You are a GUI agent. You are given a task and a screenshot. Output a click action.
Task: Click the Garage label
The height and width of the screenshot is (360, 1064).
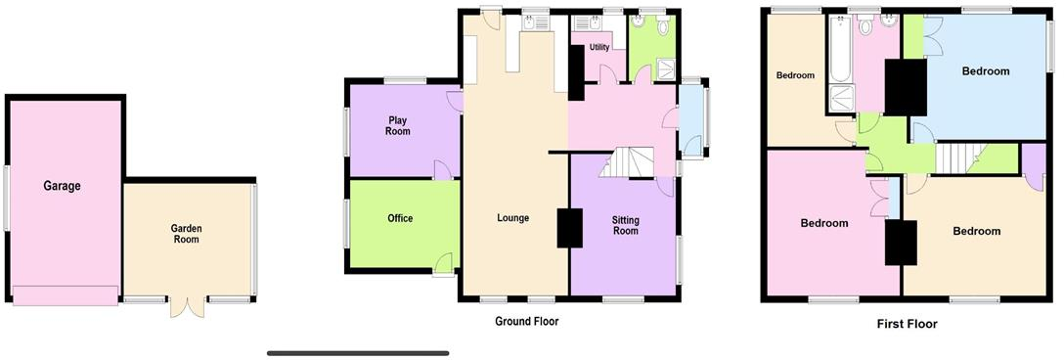(x=61, y=186)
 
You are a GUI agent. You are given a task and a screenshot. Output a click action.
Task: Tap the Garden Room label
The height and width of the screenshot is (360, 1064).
(x=186, y=235)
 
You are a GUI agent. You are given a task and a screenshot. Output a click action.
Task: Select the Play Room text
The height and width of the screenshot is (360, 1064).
(x=397, y=125)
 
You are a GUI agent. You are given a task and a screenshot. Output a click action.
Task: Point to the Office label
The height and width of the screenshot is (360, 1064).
(x=400, y=218)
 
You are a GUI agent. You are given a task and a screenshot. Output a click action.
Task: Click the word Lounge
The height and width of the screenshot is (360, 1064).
(x=512, y=218)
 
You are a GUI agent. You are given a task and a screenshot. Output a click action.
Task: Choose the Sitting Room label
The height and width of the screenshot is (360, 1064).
(x=625, y=225)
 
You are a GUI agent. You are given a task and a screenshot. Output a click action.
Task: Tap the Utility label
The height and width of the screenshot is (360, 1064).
(x=599, y=47)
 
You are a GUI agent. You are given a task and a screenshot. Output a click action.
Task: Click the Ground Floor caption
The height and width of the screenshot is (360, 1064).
(x=526, y=321)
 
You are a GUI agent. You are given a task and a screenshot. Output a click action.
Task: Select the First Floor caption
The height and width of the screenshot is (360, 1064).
(x=907, y=324)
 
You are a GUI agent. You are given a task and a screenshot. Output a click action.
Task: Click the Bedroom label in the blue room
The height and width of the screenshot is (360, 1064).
(x=985, y=71)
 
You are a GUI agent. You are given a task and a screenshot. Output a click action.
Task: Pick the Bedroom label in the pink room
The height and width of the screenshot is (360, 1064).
(x=823, y=223)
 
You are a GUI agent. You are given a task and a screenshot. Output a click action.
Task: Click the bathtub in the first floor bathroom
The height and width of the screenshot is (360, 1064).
(x=840, y=49)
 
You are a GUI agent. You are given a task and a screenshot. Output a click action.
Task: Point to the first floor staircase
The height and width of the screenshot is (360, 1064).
(x=955, y=157)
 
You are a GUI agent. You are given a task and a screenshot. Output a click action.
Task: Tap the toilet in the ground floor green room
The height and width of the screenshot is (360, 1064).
(x=664, y=28)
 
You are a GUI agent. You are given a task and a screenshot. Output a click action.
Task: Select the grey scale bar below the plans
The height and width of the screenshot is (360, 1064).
(x=358, y=353)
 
